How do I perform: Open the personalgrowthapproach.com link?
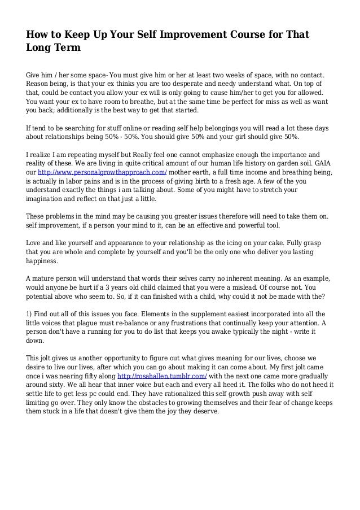click(x=103, y=172)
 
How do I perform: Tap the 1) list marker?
click(x=30, y=314)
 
